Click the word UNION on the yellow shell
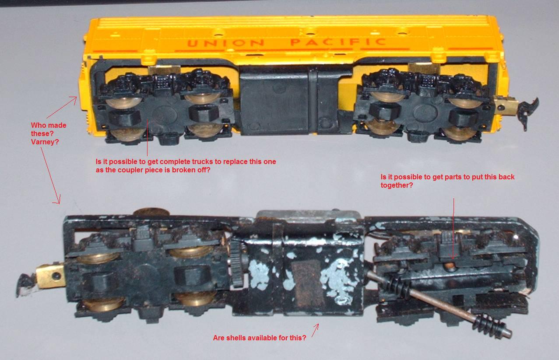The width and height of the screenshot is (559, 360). tap(225, 43)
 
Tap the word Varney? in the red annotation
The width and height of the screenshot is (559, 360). tap(45, 142)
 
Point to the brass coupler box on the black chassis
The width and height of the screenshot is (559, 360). tap(50, 276)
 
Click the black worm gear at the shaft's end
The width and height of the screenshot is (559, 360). tap(489, 326)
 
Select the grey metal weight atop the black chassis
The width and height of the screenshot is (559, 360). tap(309, 217)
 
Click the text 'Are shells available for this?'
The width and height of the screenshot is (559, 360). tap(260, 338)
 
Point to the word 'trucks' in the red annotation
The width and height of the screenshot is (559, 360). tap(205, 161)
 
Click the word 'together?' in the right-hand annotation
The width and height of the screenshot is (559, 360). tap(397, 185)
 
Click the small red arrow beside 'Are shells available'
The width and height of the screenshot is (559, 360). tap(316, 330)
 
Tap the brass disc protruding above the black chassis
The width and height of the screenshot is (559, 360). tap(151, 212)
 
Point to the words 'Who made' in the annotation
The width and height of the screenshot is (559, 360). tap(49, 125)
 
